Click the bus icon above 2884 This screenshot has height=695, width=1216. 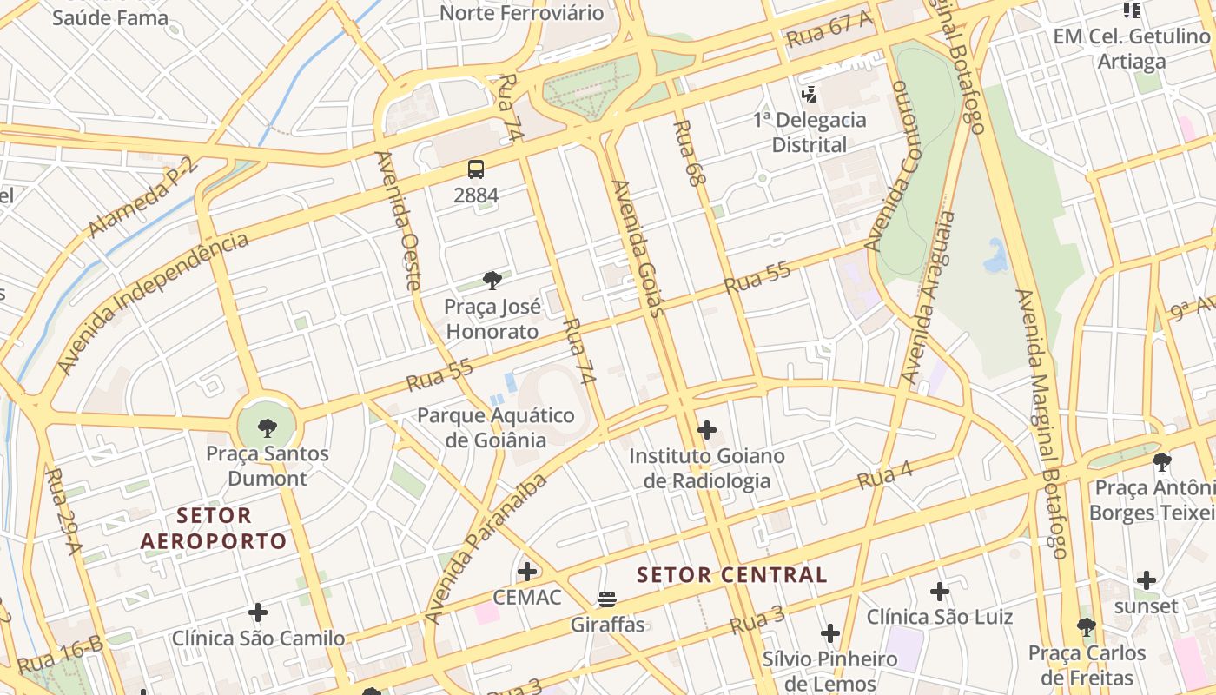475,169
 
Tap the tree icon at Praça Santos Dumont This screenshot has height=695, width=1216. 268,427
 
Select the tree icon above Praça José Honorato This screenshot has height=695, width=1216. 492,280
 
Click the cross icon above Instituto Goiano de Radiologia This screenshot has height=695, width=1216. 707,429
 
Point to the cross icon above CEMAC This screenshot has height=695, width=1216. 526,572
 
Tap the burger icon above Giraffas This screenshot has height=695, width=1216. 607,599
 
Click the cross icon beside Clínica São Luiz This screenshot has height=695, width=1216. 939,592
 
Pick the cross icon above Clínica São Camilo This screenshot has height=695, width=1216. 258,612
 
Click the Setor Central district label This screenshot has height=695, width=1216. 731,574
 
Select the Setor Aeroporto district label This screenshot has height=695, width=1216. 214,528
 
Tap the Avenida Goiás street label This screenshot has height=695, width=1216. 638,248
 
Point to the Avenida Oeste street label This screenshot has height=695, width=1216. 399,221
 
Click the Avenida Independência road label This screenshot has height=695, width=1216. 153,303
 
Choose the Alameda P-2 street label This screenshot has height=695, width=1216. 144,198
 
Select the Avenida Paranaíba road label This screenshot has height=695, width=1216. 488,549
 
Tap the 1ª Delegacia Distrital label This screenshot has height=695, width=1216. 810,132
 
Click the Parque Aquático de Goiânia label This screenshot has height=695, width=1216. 496,427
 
